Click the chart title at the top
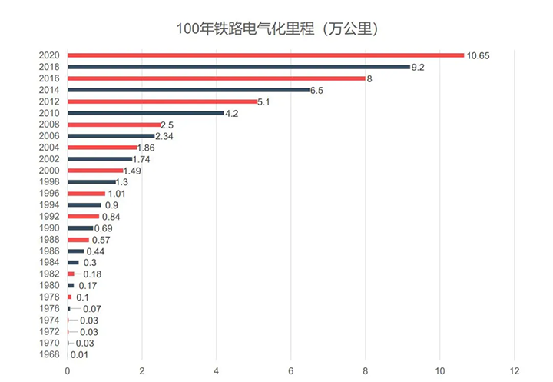click(x=276, y=28)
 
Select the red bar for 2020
click(x=266, y=55)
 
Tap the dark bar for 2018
click(x=238, y=67)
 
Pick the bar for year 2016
click(x=216, y=78)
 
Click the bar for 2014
click(x=188, y=90)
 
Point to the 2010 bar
click(x=145, y=113)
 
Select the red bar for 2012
click(x=162, y=101)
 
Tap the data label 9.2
click(x=418, y=67)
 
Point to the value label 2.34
click(x=164, y=136)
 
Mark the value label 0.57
click(x=101, y=240)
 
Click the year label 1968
click(x=49, y=355)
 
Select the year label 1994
click(x=49, y=205)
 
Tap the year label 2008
click(x=49, y=125)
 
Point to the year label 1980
click(x=49, y=286)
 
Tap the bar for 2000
click(x=95, y=171)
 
